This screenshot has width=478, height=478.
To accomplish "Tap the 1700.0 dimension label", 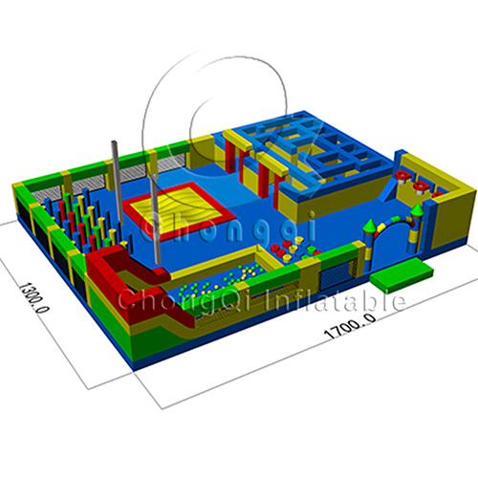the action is coord(350,326).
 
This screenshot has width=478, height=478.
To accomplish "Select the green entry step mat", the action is coord(402,273).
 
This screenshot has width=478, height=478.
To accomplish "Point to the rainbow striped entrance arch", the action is coord(395,220).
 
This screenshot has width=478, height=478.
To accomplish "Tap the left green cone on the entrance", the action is coord(370,225).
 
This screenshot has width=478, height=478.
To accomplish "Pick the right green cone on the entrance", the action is coord(418,209).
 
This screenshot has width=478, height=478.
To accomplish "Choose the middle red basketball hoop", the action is coord(421,185).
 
